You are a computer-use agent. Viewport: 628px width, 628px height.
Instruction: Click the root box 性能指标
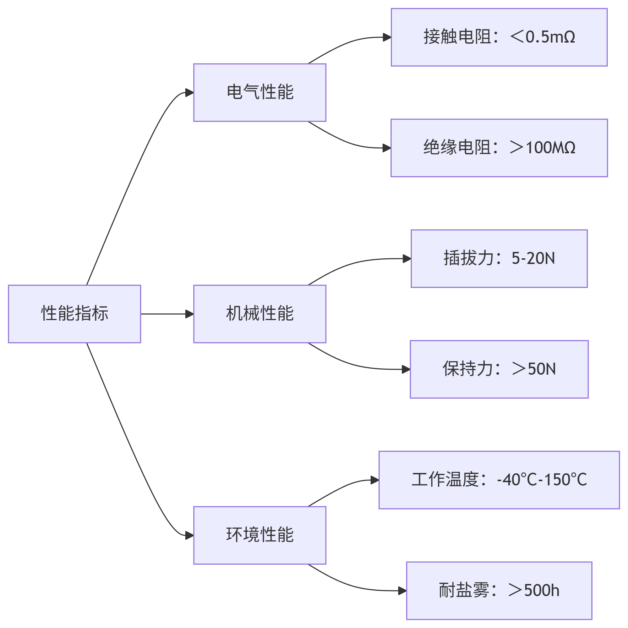pos(75,314)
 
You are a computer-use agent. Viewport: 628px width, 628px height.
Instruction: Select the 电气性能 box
pos(260,92)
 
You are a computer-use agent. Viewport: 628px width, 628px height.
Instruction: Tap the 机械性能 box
pos(260,314)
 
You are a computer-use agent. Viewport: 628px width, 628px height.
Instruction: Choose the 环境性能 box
pos(260,535)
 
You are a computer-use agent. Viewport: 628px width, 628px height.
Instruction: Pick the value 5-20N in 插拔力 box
pos(533,258)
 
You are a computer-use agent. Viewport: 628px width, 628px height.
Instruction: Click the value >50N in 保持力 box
pos(534,369)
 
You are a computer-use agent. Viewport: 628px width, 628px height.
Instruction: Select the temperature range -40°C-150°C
pos(542,480)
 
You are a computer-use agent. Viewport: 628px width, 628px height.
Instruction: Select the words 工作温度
pos(445,480)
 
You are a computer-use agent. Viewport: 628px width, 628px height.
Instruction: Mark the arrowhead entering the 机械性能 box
pos(190,314)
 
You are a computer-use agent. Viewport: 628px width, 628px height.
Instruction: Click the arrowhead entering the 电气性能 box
pos(190,93)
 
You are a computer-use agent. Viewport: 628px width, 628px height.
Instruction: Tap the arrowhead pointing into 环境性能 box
pos(190,535)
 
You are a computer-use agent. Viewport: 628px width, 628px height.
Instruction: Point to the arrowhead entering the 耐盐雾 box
pos(403,591)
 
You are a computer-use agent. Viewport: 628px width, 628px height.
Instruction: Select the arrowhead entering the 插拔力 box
pos(407,259)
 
